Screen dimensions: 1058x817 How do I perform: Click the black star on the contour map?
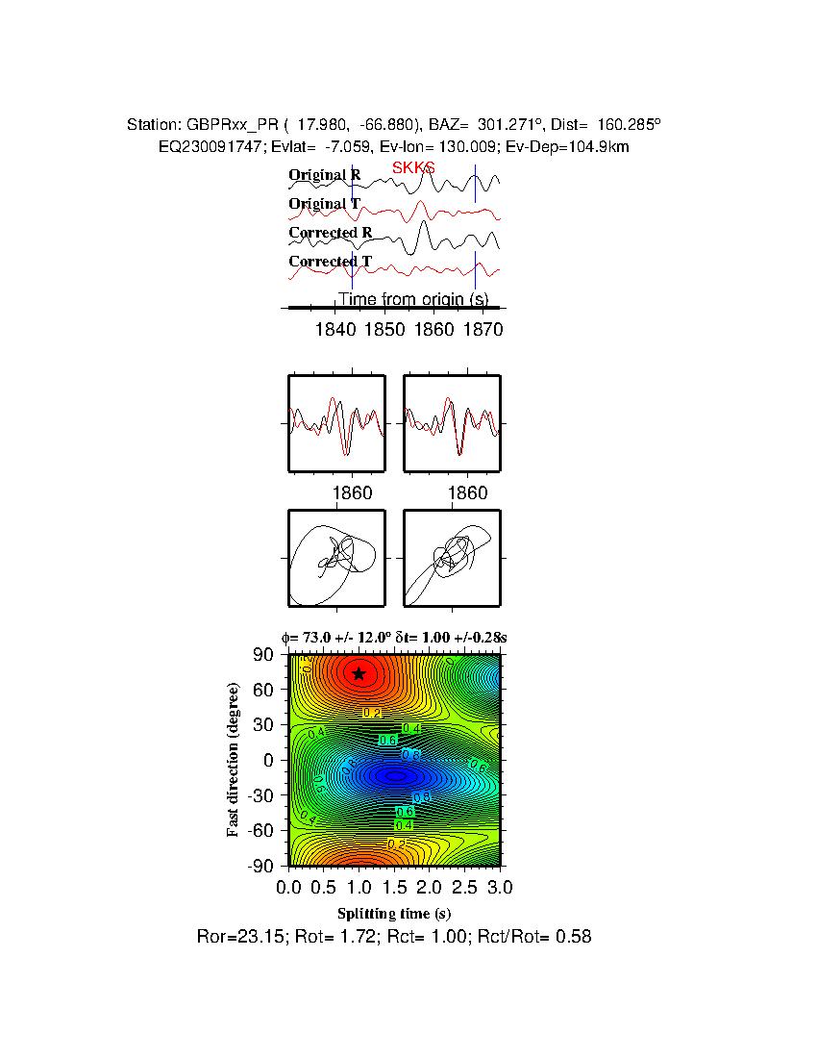359,673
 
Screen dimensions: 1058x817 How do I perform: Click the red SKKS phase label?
413,168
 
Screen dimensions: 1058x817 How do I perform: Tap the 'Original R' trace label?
325,175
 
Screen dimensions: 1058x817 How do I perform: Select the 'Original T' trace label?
325,204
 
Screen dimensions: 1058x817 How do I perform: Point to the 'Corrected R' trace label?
330,233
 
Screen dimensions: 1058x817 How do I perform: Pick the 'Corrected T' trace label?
330,262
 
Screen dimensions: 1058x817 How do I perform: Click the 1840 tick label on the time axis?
334,330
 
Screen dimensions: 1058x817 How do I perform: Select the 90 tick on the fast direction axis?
265,655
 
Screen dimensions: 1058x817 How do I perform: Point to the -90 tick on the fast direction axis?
261,866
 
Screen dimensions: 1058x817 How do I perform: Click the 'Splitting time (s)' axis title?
394,913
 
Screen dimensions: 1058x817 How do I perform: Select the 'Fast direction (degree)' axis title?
234,760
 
